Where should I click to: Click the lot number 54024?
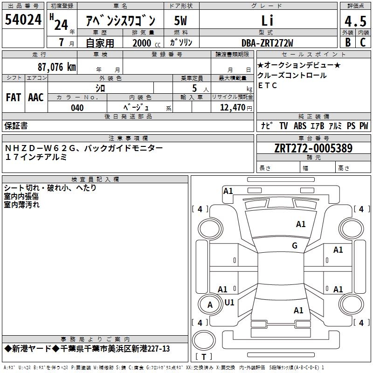click(23, 20)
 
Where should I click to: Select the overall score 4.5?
click(355, 21)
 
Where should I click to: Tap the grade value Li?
click(267, 21)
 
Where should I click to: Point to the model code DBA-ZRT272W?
click(267, 42)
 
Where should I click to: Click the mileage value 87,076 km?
click(57, 67)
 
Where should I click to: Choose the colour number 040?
click(77, 108)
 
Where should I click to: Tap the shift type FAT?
click(14, 97)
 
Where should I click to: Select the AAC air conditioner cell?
click(36, 97)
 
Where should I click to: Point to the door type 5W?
click(181, 21)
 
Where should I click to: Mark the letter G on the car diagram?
click(295, 246)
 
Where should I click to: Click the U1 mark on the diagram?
click(229, 302)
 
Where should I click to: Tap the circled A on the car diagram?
click(210, 305)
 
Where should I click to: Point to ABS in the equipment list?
click(300, 126)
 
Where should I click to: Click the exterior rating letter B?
click(348, 42)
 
